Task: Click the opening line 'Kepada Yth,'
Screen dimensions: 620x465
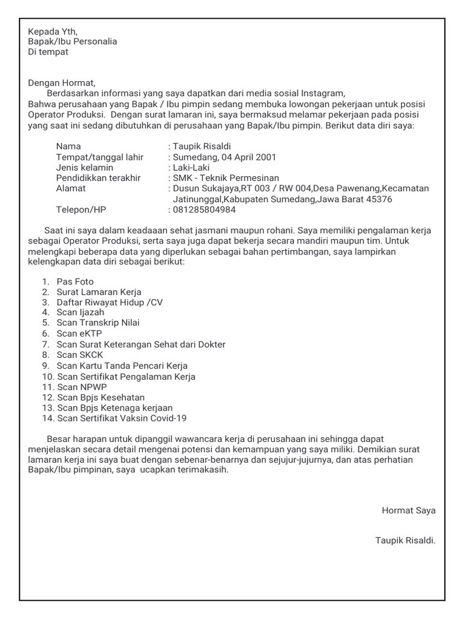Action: (x=53, y=31)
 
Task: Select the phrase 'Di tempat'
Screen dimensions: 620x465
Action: (x=48, y=51)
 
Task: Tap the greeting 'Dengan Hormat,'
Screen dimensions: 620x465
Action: (x=62, y=83)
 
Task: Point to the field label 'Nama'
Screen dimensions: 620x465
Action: (x=68, y=147)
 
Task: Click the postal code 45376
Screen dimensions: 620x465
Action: (x=376, y=199)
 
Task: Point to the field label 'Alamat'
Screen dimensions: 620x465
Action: (x=71, y=188)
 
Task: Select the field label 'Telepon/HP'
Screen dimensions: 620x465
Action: (x=81, y=209)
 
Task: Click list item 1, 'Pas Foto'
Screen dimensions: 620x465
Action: (x=75, y=282)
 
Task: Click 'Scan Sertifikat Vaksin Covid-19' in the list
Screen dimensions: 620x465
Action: (x=122, y=418)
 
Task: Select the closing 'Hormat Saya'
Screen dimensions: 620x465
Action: (x=409, y=510)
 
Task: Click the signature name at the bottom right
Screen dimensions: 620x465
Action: (x=405, y=539)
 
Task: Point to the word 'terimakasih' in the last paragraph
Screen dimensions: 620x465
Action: (x=204, y=470)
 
